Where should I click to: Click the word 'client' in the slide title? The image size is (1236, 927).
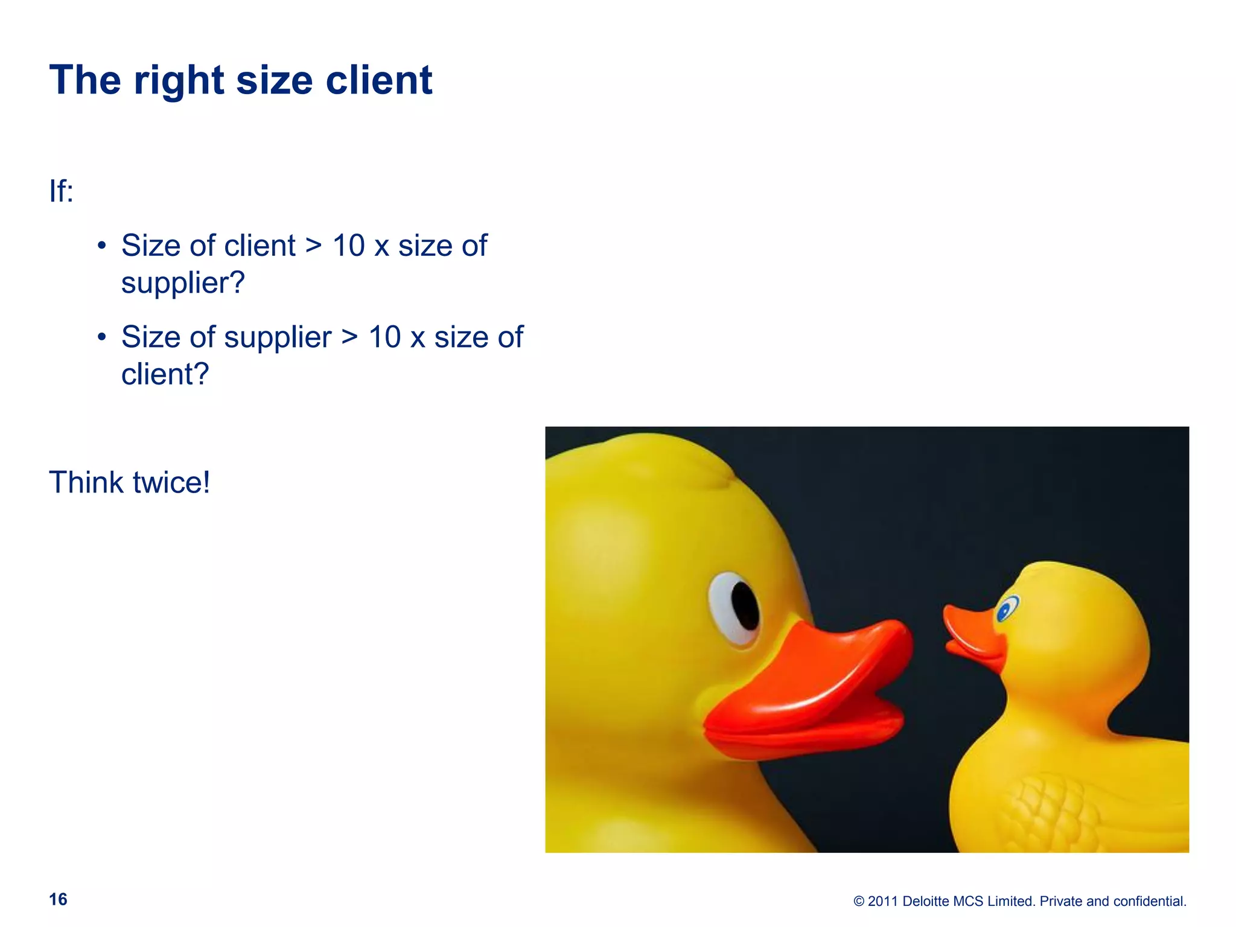(x=378, y=80)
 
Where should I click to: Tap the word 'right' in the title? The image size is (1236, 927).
(x=179, y=81)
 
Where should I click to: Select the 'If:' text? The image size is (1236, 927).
(x=61, y=191)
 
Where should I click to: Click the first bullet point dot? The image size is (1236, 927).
(x=102, y=246)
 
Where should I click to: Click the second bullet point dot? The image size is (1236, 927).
(x=102, y=337)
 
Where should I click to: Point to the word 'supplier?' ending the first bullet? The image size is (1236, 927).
(x=183, y=283)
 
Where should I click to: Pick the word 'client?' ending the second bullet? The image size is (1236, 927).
(x=165, y=374)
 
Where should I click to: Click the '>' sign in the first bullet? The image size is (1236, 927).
(x=313, y=246)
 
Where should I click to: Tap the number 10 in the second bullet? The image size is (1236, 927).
(x=384, y=337)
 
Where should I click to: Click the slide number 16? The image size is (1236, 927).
(x=58, y=899)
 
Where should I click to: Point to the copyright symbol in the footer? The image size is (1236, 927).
(x=859, y=902)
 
